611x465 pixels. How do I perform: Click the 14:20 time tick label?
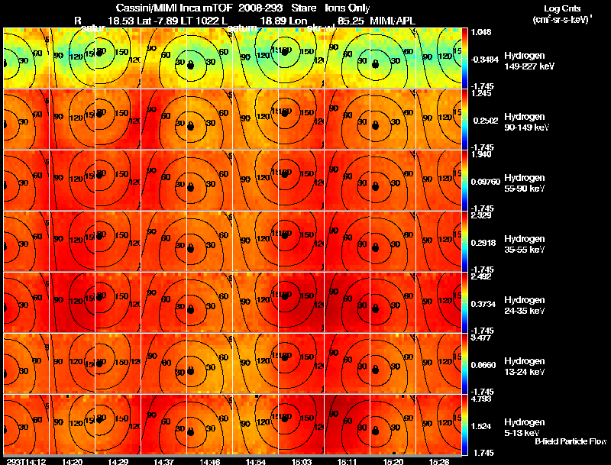73,461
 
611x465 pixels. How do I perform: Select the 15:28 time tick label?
438,461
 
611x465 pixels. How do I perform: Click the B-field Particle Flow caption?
570,441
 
